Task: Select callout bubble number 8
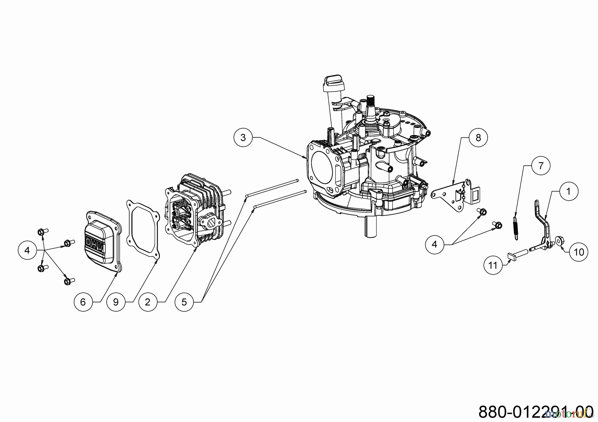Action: (x=478, y=137)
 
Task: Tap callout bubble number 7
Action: (x=541, y=165)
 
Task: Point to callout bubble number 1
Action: (x=568, y=191)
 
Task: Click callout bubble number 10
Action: (x=579, y=252)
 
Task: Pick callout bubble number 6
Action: (x=83, y=302)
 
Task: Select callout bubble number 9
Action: (x=116, y=302)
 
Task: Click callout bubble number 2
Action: (x=148, y=302)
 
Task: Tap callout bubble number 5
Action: (x=184, y=302)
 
